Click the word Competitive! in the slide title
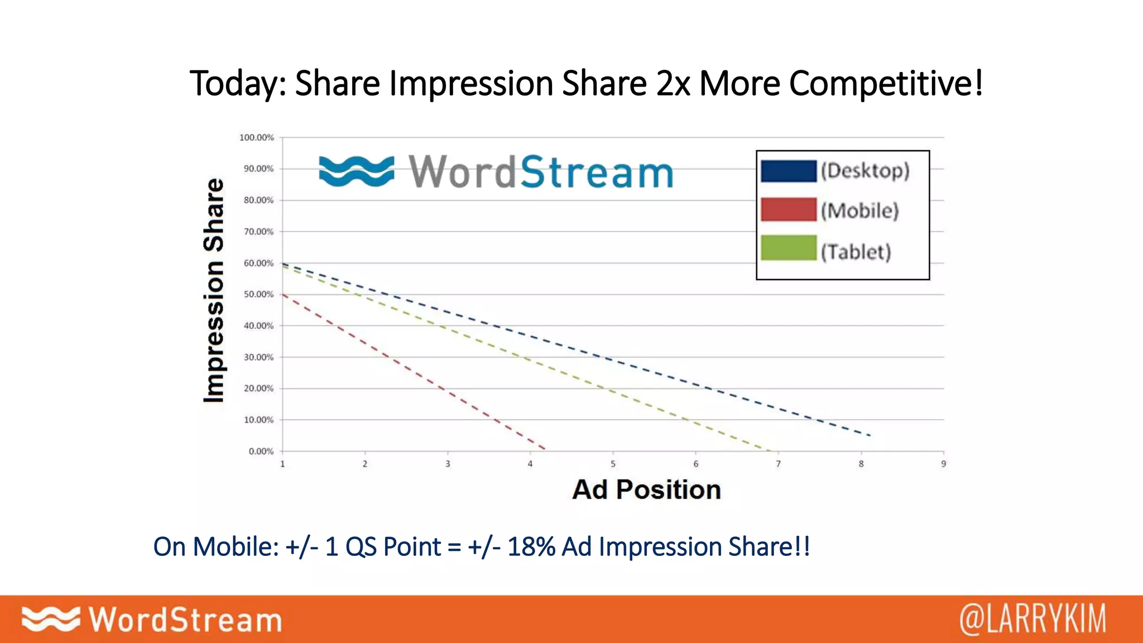point(886,84)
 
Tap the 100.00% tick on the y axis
point(257,137)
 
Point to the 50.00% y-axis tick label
point(258,294)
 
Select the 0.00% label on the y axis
point(261,451)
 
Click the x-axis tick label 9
point(944,464)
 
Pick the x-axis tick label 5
point(613,464)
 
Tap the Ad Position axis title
point(647,490)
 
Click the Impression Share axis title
point(214,290)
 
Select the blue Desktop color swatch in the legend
point(789,171)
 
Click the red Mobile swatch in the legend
point(789,210)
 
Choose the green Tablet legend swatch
point(789,248)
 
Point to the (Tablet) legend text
point(856,252)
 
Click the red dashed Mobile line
point(413,372)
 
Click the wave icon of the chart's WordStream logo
point(356,171)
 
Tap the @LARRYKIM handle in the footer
point(1032,619)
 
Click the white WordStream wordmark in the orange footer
point(185,620)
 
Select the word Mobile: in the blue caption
point(236,546)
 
